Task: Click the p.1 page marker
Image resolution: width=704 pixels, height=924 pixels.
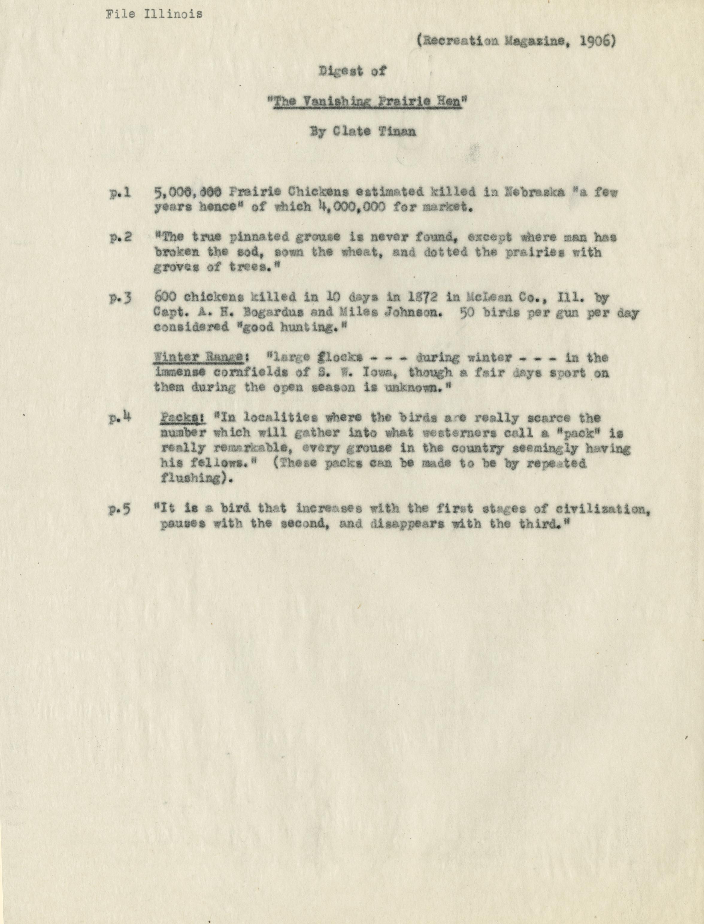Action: [x=120, y=193]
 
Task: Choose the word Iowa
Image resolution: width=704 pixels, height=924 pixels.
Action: [x=380, y=372]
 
